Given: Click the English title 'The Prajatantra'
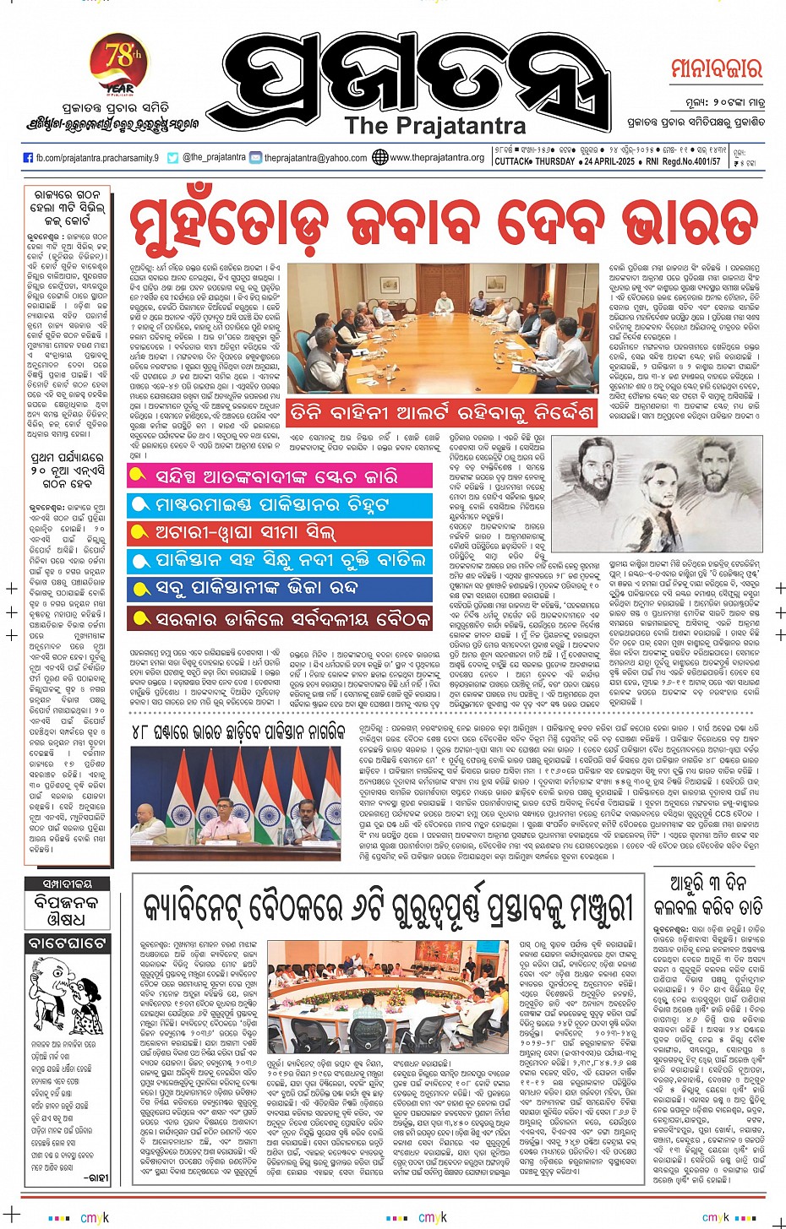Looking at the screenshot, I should pos(435,126).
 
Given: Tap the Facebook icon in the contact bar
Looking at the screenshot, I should pos(28,158).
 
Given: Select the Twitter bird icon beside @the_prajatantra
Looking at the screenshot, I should pos(173,158).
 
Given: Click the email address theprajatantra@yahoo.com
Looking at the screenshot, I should pos(315,158).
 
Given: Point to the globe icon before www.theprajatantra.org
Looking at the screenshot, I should pos(379,157).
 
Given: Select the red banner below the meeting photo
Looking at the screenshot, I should pos(443,413).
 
